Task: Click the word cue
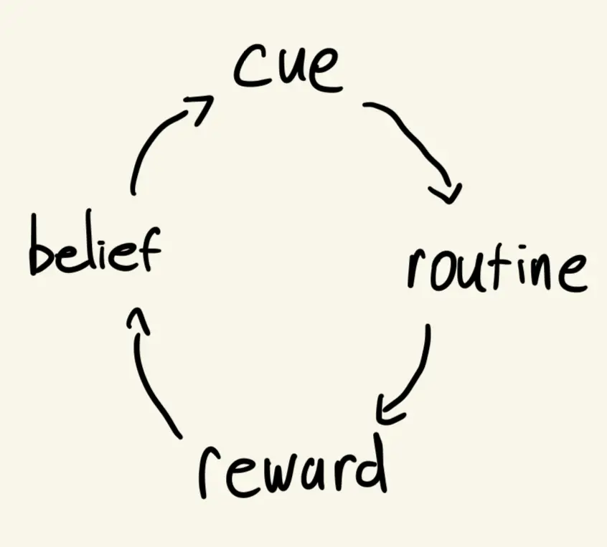(x=286, y=68)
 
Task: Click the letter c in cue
(x=248, y=70)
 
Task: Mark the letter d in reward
(x=370, y=462)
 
